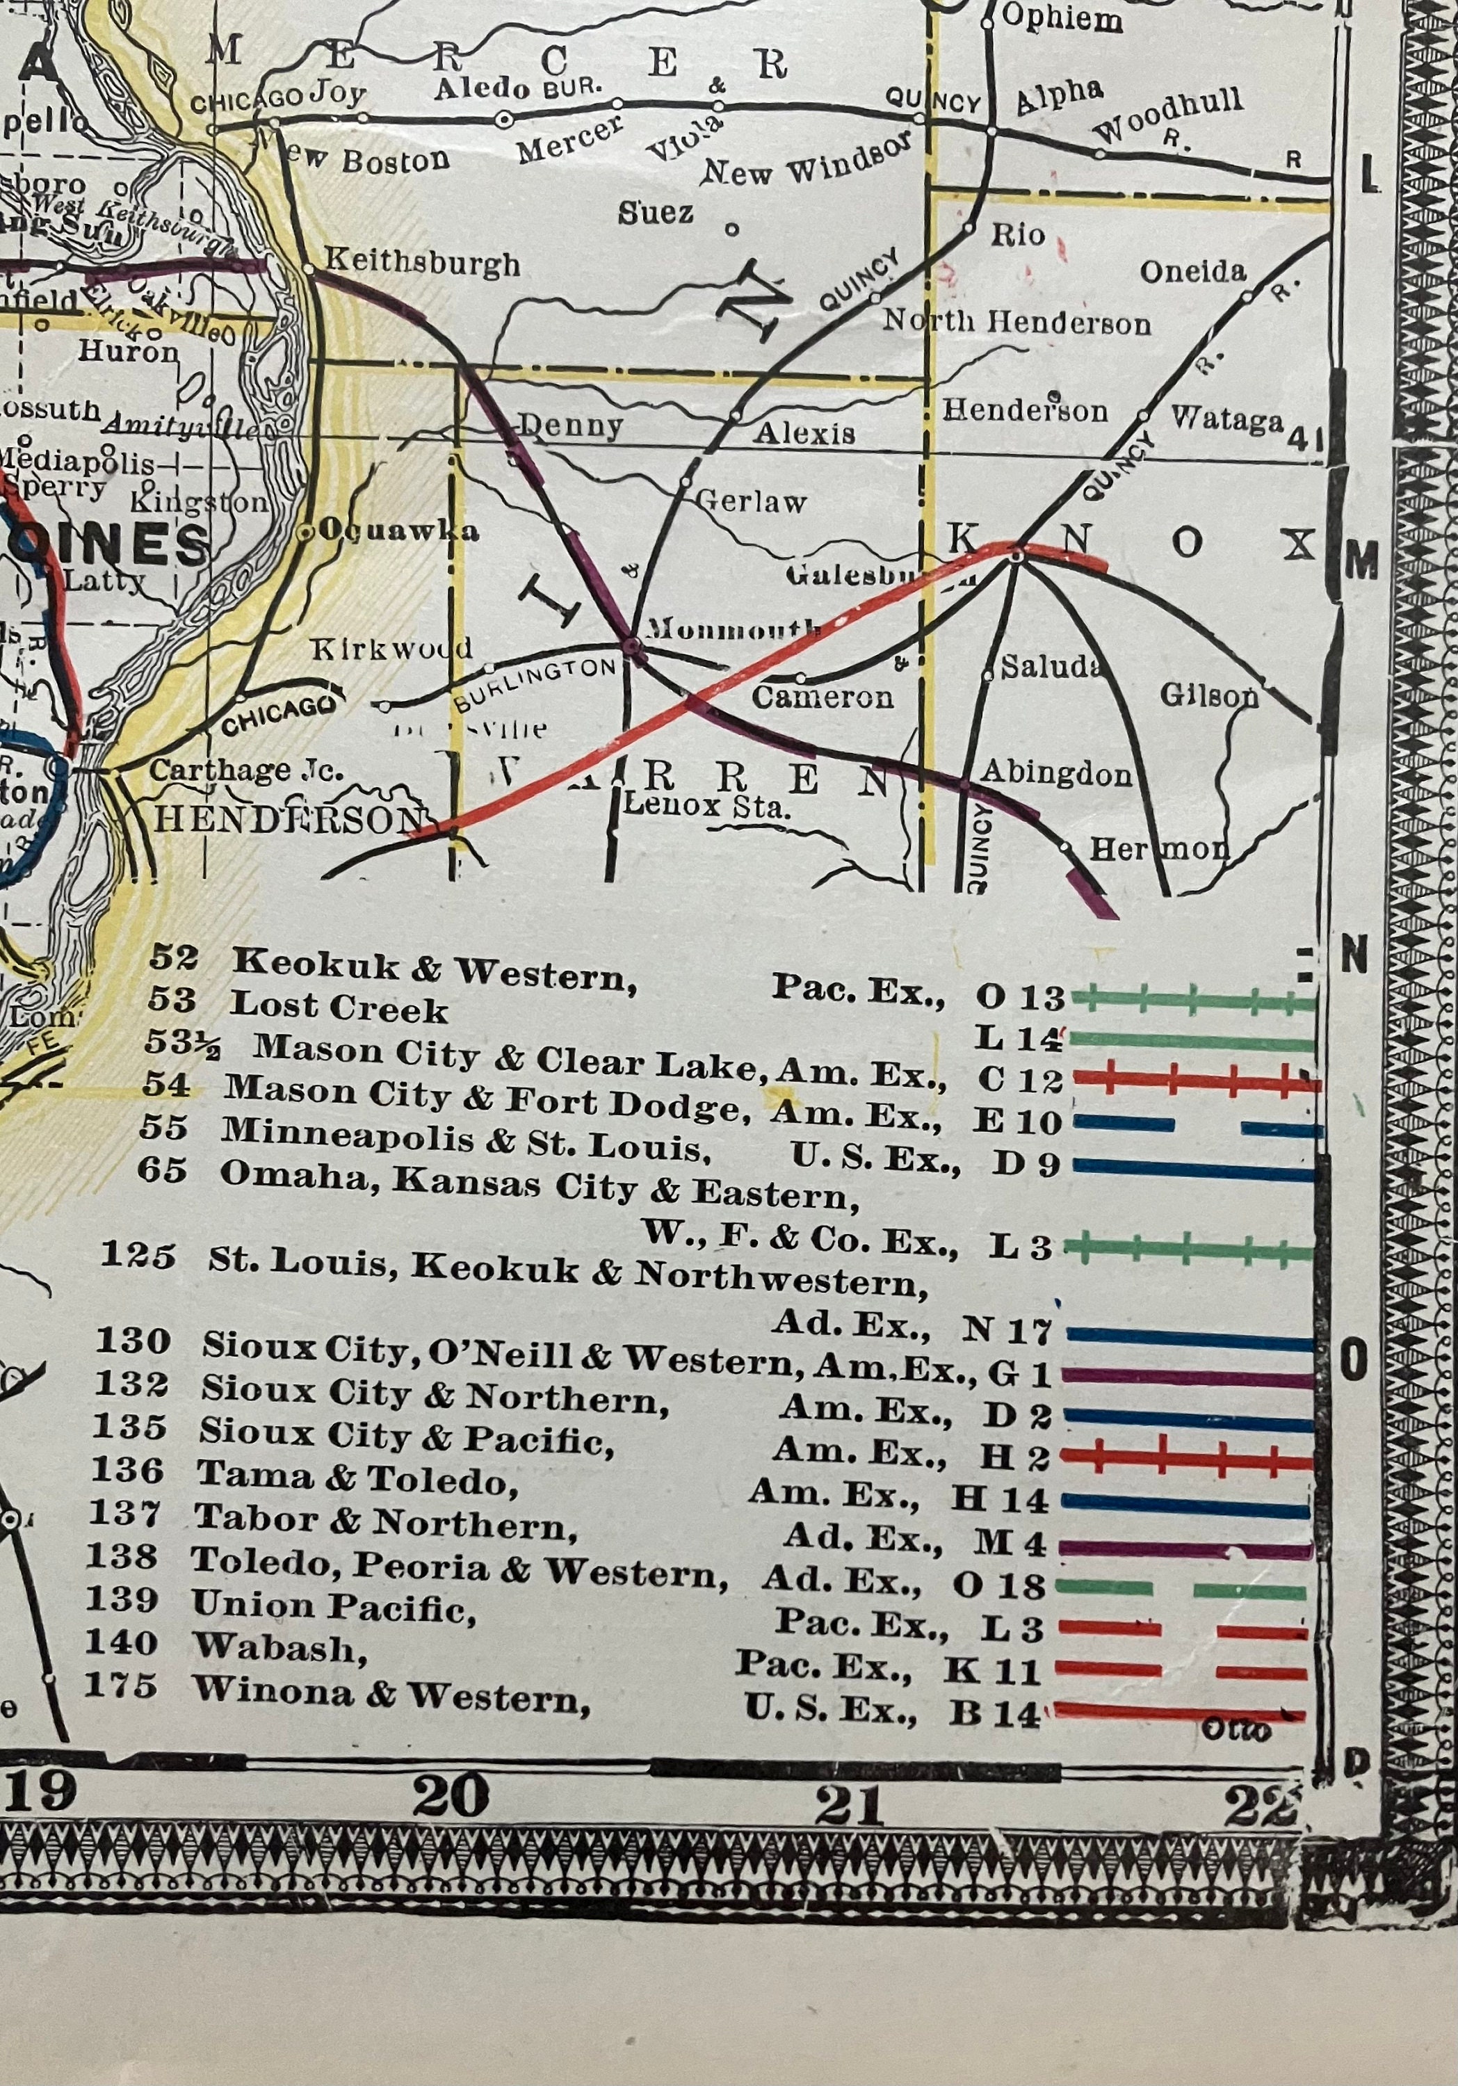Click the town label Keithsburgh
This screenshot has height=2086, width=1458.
(423, 264)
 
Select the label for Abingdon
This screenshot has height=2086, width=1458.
(1057, 773)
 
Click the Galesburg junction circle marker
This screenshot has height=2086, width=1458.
(1016, 555)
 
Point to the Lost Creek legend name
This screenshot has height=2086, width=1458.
(339, 1008)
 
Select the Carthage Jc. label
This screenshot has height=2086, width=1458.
(246, 770)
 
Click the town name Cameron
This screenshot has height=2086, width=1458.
(822, 697)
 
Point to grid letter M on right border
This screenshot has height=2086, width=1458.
(1360, 565)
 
